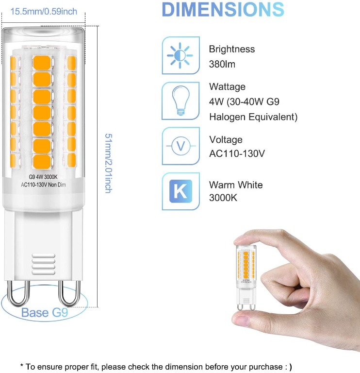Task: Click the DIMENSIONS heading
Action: click(x=223, y=10)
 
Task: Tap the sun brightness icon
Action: click(x=180, y=55)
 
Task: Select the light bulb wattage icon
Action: click(x=180, y=100)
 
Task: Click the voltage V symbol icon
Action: click(x=180, y=145)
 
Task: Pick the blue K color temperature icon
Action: click(x=180, y=191)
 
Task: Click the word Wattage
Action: click(x=227, y=87)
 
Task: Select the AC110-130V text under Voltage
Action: click(x=237, y=154)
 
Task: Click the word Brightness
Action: click(x=231, y=49)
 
